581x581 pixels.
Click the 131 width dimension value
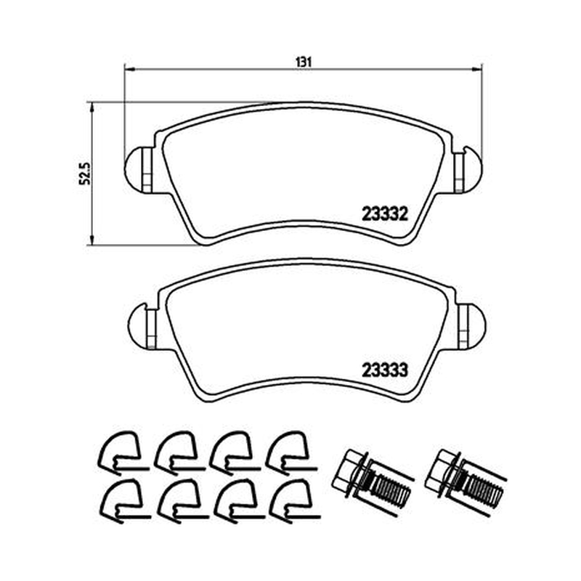(x=303, y=62)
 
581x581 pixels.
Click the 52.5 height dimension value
(x=85, y=173)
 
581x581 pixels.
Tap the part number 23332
(x=385, y=214)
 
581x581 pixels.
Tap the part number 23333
(x=385, y=370)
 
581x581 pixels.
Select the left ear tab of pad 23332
(x=139, y=170)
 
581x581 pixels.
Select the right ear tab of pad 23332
(x=468, y=169)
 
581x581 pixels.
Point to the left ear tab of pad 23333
(x=142, y=326)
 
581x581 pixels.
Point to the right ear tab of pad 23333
(x=471, y=326)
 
